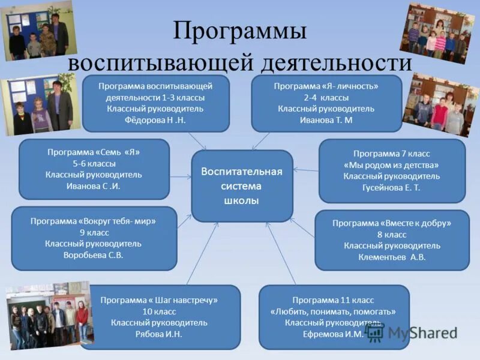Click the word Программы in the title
(x=240, y=31)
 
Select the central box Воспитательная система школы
(x=242, y=186)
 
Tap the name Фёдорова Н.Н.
(x=155, y=120)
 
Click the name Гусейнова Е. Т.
(x=391, y=188)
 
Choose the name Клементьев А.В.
(x=392, y=257)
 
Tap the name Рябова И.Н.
(x=159, y=334)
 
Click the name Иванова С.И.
(x=94, y=186)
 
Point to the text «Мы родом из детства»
(x=391, y=165)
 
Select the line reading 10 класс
(x=159, y=311)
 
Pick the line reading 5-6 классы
(x=94, y=163)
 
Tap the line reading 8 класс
(x=392, y=235)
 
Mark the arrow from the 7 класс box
(x=305, y=170)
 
